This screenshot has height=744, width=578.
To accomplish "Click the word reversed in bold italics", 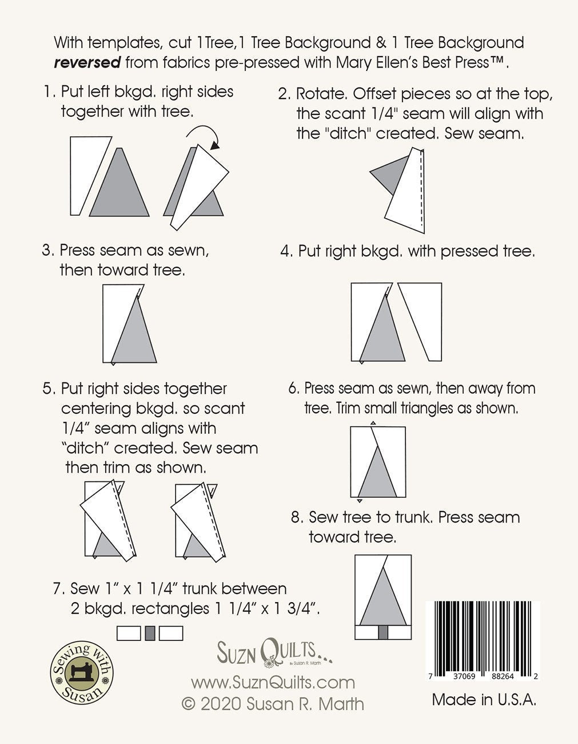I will [87, 62].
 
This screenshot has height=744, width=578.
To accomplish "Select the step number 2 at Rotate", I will [284, 94].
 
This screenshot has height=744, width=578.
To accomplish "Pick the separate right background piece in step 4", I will [420, 320].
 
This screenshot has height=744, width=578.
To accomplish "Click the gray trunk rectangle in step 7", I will [150, 633].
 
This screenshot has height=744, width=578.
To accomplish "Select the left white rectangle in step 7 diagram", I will [129, 633].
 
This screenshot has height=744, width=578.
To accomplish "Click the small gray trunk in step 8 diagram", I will [384, 632].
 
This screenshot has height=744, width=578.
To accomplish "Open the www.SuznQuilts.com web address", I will [273, 682].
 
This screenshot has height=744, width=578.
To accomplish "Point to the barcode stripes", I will [483, 635].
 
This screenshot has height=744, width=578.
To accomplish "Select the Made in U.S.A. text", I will [484, 699].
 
